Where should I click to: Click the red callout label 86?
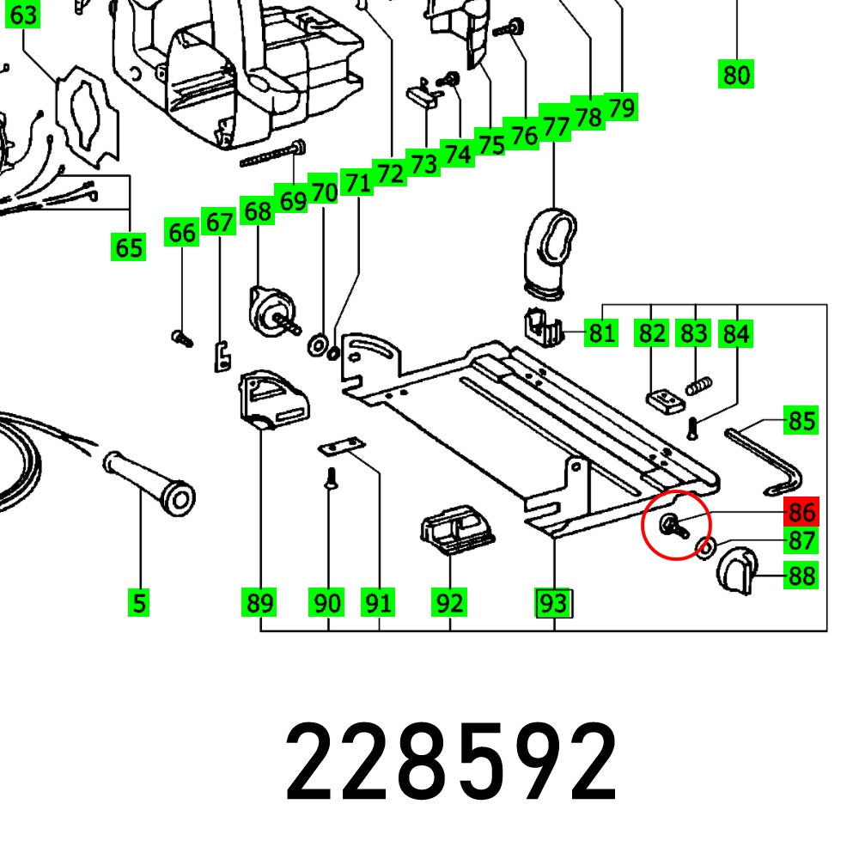801,513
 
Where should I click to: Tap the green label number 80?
736,76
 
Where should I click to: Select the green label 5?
139,603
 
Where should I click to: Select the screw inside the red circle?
673,527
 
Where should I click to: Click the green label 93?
553,603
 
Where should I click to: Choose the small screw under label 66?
181,338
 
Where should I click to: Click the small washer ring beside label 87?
707,545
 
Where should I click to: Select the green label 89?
259,603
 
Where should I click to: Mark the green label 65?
129,248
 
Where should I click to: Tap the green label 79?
620,107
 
